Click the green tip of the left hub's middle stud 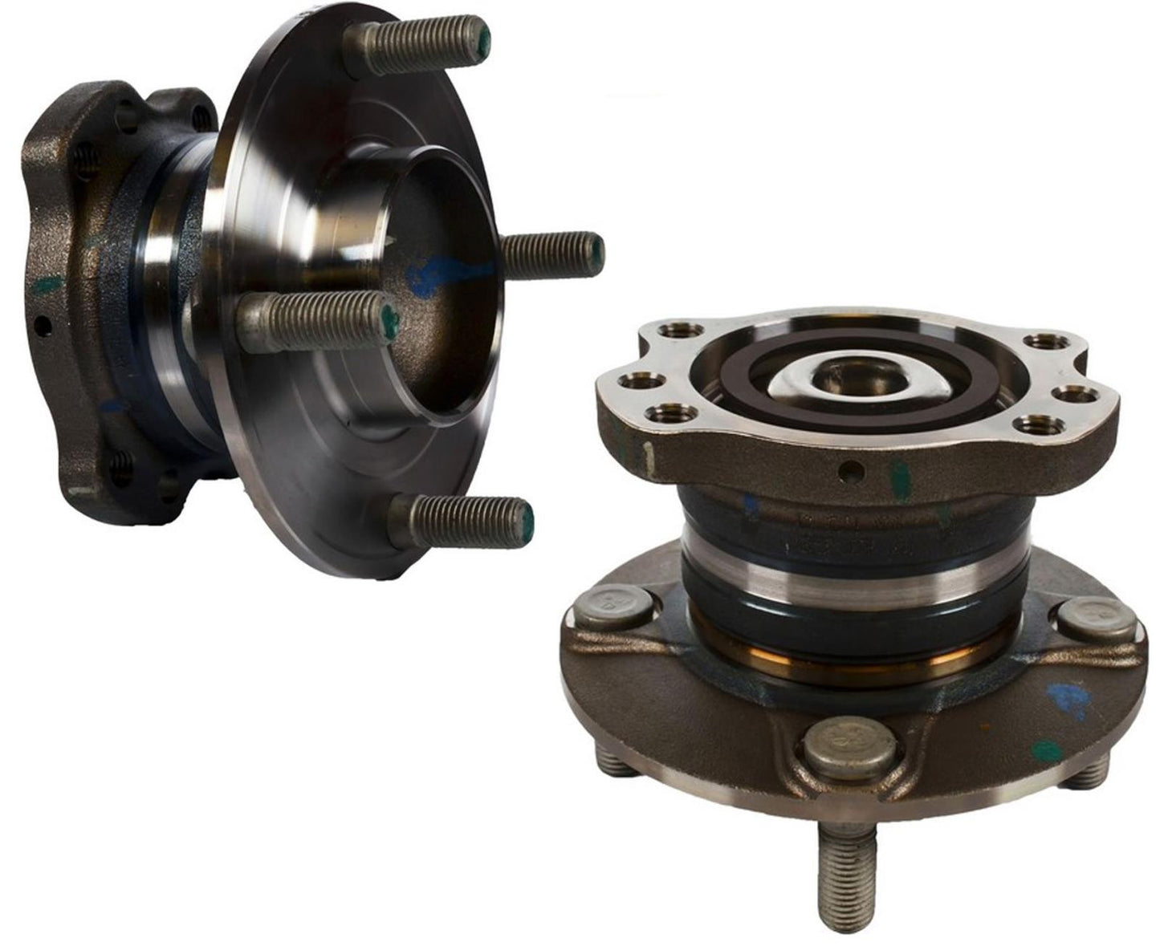coord(390,320)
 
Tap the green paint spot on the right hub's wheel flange coord(1046,751)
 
